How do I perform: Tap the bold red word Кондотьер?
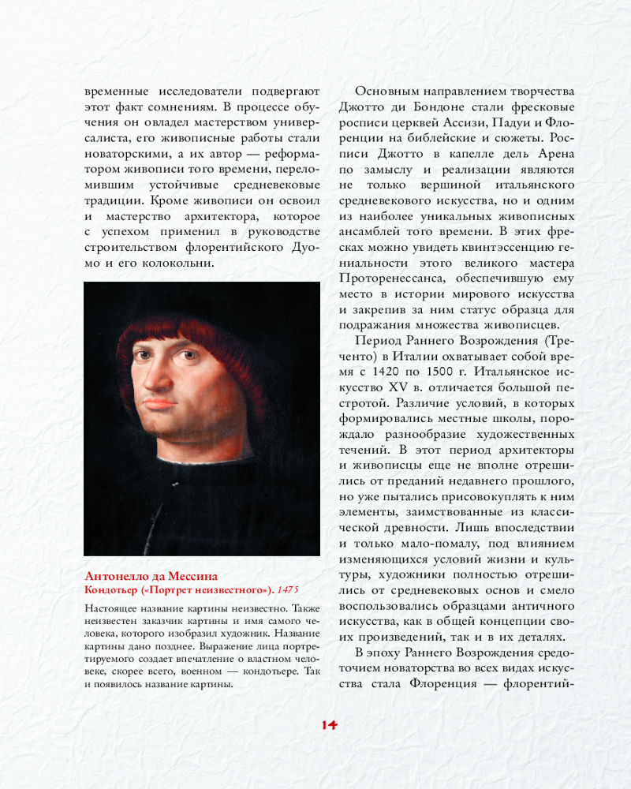pyautogui.click(x=112, y=590)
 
